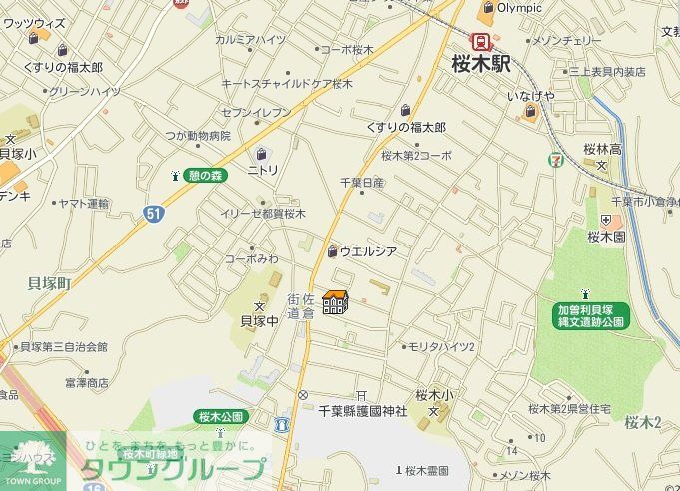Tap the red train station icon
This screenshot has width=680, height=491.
[482, 41]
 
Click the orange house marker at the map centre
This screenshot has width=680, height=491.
[336, 301]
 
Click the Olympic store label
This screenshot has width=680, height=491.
[519, 8]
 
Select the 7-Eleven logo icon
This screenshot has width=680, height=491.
[554, 157]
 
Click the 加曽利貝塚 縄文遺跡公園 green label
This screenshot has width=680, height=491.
[591, 315]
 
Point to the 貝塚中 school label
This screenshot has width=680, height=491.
[259, 321]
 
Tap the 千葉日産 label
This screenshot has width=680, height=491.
[362, 183]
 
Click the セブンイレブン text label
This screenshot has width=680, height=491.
[256, 112]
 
